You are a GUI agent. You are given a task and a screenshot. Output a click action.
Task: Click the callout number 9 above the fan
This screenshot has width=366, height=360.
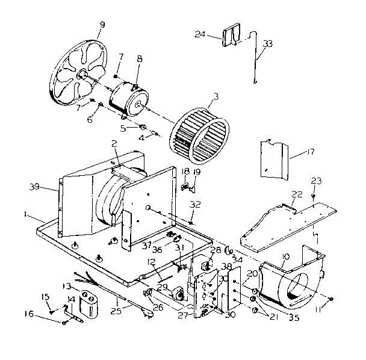point(101,25)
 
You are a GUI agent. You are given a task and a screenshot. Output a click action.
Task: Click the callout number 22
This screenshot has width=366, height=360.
point(297,194)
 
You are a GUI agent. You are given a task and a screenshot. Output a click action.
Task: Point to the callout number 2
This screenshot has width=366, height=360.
point(113,143)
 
